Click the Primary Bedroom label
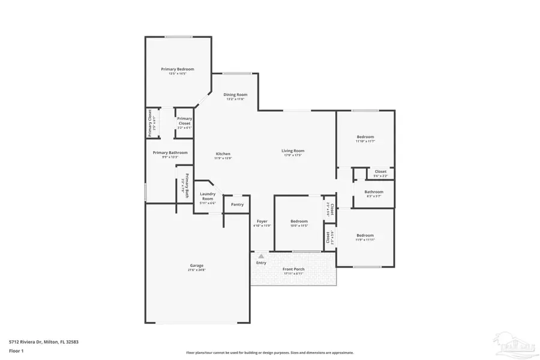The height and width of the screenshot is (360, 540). coord(178,69)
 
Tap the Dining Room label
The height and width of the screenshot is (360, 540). coord(235,94)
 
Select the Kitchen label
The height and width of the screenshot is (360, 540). coord(223,154)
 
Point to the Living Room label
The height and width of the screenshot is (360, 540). coord(293,151)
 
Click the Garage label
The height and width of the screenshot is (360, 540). coord(197,265)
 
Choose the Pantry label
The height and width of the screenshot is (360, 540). coord(238,205)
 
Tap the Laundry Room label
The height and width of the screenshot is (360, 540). coord(208,196)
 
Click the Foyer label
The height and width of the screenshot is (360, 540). coord(262,221)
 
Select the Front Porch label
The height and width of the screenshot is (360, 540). coord(293,269)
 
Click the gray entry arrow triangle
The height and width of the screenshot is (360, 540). coord(261,256)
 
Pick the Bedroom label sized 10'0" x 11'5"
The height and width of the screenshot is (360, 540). coord(299,221)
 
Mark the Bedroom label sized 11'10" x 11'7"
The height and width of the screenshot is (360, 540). coord(365,137)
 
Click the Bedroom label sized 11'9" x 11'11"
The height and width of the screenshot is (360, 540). coord(365,235)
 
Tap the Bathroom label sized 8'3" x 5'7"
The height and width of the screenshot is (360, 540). coord(373,192)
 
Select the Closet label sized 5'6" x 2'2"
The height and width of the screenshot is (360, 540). coord(380,172)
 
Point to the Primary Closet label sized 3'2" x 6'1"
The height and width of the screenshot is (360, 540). coord(184,121)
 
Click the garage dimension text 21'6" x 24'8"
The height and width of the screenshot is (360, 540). coord(197,270)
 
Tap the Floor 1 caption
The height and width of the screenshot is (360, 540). coord(16,352)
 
